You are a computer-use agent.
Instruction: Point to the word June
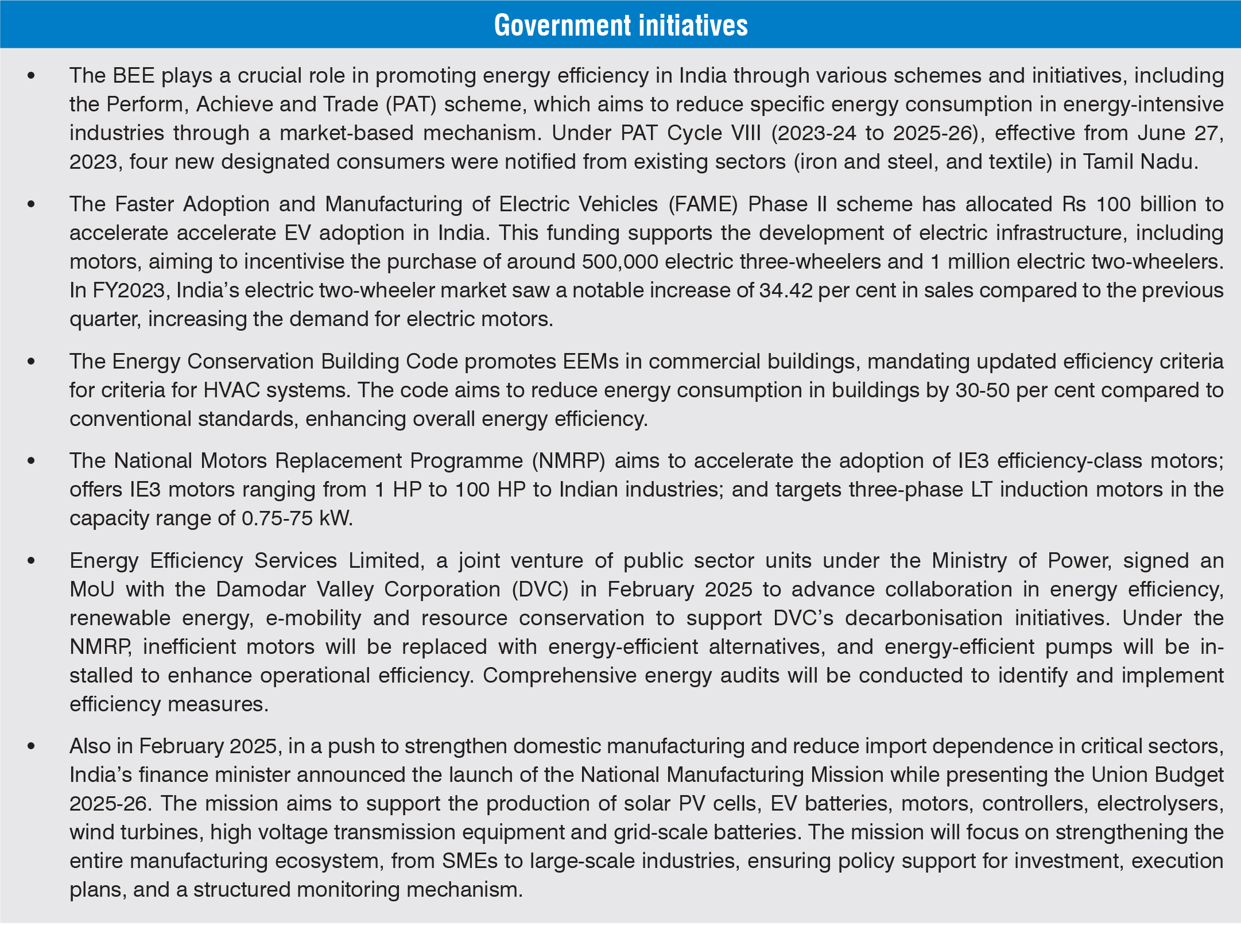(x=1154, y=133)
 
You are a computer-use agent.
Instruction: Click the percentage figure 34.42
(x=786, y=290)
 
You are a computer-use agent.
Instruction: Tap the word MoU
(x=92, y=590)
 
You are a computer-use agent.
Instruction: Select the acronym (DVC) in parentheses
(x=540, y=590)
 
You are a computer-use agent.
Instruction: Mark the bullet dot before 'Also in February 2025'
(x=32, y=746)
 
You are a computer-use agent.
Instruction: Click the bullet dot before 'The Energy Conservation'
(x=32, y=362)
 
